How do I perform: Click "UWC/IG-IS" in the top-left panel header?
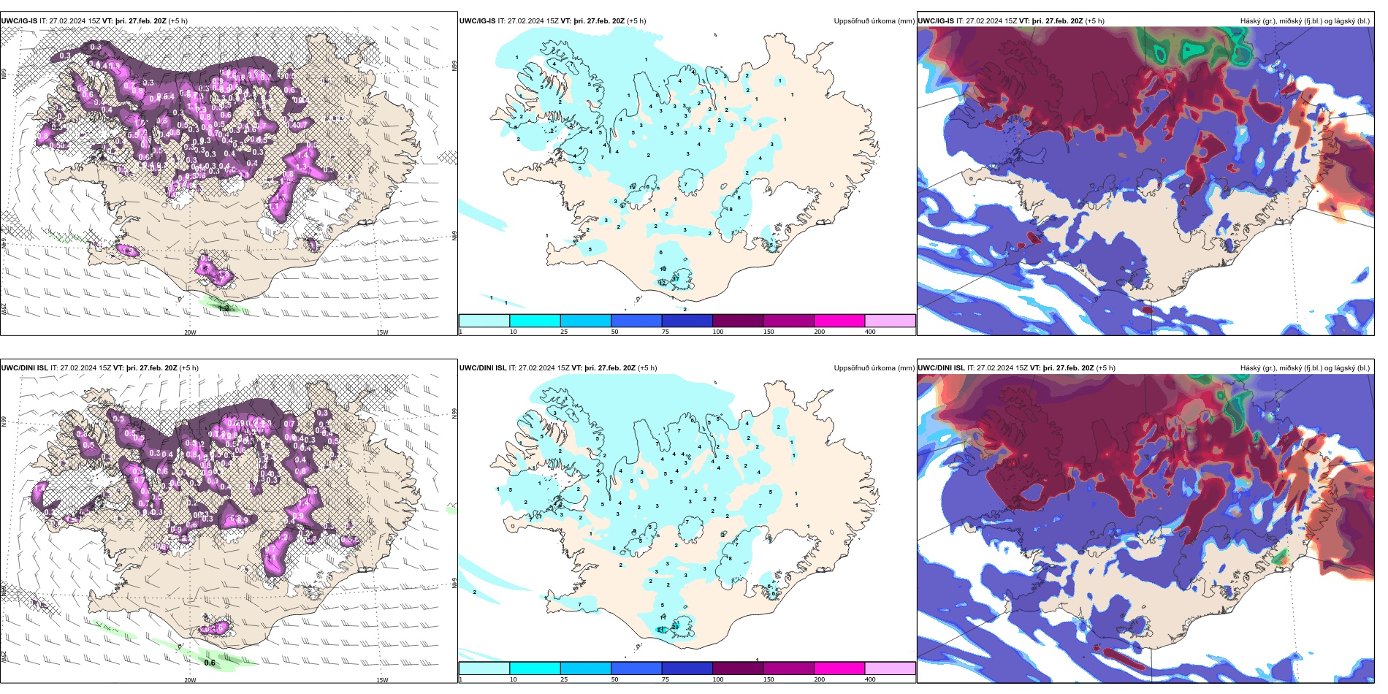19,21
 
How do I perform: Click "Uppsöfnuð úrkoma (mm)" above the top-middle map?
874,21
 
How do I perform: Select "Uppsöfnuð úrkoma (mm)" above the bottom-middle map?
874,368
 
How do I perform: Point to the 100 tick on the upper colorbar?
717,332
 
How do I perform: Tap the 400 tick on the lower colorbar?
870,679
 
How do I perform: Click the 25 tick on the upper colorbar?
564,332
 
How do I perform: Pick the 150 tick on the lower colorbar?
769,679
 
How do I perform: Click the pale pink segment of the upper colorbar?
890,321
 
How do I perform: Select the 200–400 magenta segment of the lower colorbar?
839,668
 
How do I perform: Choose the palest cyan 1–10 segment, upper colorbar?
484,321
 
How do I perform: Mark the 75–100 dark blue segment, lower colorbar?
687,668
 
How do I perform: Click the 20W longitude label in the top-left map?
190,332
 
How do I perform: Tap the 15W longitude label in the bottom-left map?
382,680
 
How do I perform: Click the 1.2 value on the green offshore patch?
224,309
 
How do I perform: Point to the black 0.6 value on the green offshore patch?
210,663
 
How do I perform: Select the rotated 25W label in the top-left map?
4,309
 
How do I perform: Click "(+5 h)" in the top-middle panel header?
636,21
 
